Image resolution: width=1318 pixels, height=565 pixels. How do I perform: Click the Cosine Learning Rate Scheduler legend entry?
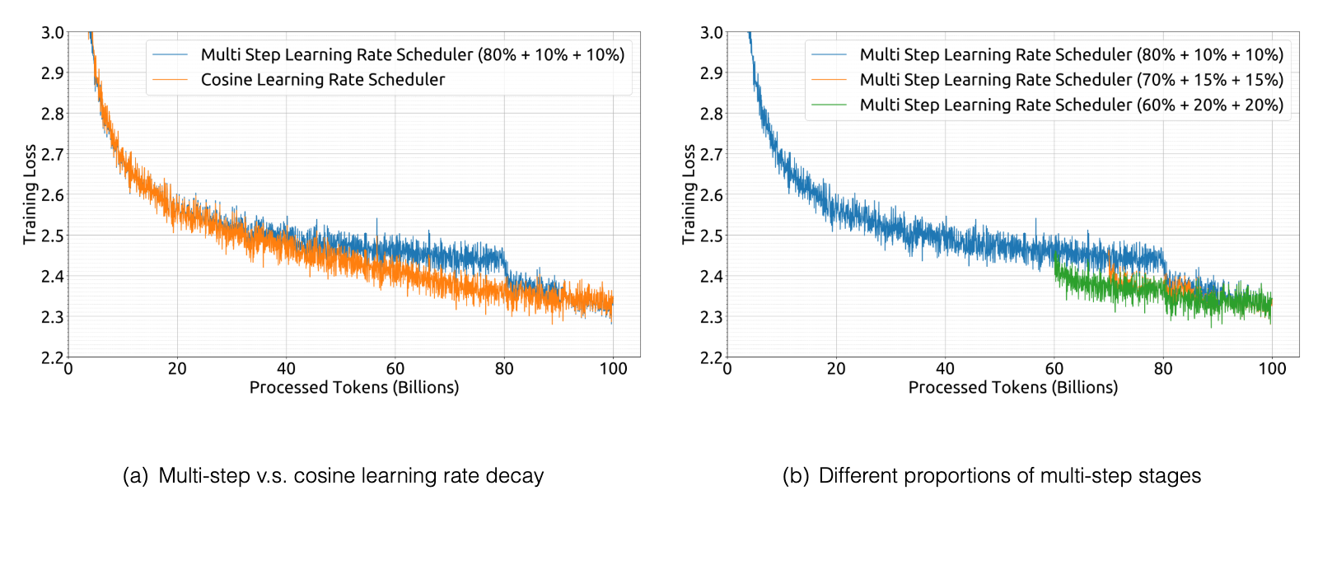pyautogui.click(x=322, y=79)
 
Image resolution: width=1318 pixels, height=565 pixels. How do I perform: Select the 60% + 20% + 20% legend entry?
pyautogui.click(x=1072, y=105)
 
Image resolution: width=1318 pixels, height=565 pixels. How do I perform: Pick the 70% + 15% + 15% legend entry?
pyautogui.click(x=1072, y=79)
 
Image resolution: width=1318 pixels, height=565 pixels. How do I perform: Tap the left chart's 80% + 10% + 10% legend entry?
pyautogui.click(x=413, y=54)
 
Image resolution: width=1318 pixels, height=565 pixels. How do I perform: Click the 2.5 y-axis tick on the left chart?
pyautogui.click(x=53, y=236)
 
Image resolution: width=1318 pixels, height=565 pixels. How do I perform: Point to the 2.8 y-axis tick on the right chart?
pyautogui.click(x=712, y=113)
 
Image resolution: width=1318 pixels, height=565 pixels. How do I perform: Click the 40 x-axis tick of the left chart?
pyautogui.click(x=286, y=369)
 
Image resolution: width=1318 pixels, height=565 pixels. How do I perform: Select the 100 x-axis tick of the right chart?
pyautogui.click(x=1272, y=369)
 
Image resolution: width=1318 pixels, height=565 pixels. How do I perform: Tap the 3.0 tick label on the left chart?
pyautogui.click(x=53, y=33)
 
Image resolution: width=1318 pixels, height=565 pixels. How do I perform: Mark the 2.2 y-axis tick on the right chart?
pyautogui.click(x=712, y=357)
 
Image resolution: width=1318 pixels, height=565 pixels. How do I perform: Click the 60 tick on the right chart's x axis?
pyautogui.click(x=1054, y=369)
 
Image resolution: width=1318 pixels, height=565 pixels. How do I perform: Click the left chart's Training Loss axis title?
pyautogui.click(x=30, y=194)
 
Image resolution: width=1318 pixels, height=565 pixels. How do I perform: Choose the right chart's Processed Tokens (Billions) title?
pyautogui.click(x=1013, y=387)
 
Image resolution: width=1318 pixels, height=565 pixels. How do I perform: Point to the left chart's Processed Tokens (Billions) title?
pyautogui.click(x=354, y=387)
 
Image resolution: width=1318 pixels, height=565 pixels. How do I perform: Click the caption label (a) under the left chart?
pyautogui.click(x=135, y=475)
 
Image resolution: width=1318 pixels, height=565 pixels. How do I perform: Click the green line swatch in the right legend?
pyautogui.click(x=829, y=105)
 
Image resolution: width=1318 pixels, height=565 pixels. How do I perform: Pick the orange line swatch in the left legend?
pyautogui.click(x=170, y=79)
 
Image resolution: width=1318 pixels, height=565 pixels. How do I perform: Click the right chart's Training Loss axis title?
pyautogui.click(x=689, y=194)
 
